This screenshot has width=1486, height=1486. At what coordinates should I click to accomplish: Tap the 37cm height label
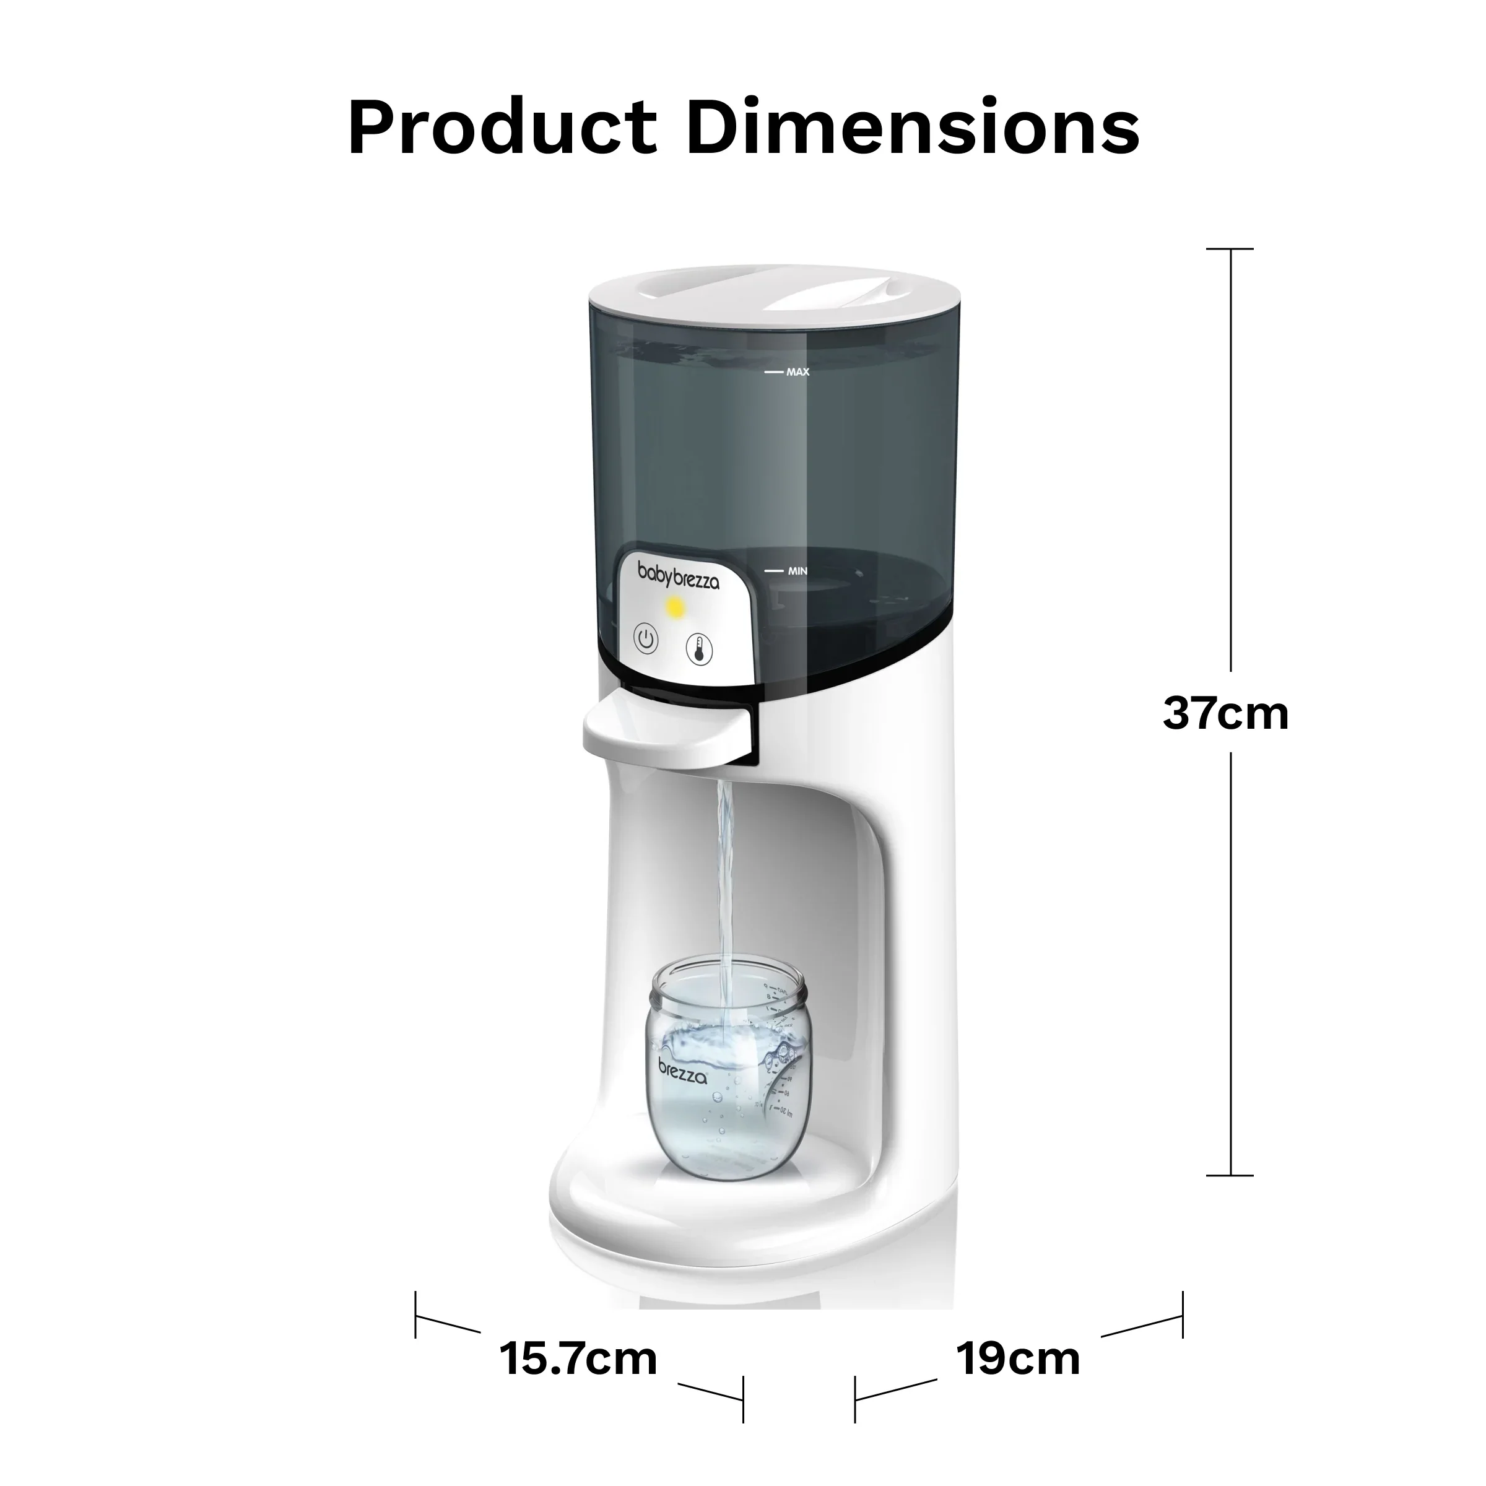coord(1225,713)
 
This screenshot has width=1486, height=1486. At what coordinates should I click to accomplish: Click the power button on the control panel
coord(646,639)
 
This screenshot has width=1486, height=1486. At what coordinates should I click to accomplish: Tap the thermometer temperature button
coord(699,648)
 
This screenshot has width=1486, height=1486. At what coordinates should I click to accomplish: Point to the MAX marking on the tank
coord(797,372)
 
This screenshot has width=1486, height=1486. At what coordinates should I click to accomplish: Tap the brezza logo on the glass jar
coord(682,1071)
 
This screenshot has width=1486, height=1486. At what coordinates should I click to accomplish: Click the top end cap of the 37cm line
coord(1230,249)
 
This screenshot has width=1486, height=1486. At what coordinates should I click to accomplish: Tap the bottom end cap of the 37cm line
coord(1230,1175)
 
